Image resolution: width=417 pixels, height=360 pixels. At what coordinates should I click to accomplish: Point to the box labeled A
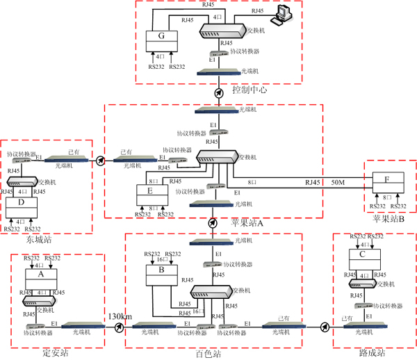coord(40,276)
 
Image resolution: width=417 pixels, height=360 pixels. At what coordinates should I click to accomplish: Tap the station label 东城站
coord(40,240)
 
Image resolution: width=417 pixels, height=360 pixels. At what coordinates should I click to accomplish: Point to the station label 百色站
coord(207,354)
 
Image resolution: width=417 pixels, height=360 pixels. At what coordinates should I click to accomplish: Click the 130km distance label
coord(119,316)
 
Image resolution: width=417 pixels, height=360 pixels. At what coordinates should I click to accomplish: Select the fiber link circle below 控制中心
coord(219,92)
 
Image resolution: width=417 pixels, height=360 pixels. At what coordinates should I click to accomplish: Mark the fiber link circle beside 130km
coord(120,327)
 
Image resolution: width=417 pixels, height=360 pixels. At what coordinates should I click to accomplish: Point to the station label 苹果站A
coord(247,222)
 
